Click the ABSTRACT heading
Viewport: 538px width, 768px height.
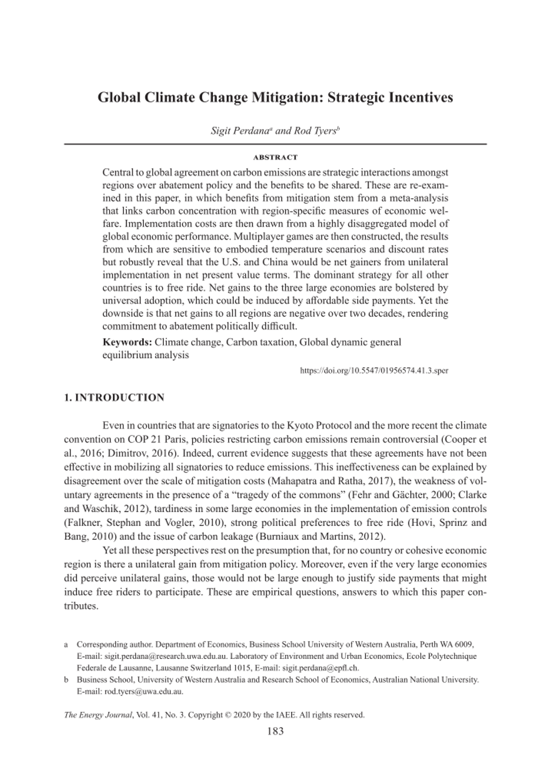pyautogui.click(x=275, y=157)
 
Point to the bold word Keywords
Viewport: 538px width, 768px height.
pyautogui.click(x=127, y=342)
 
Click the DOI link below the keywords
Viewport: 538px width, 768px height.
pyautogui.click(x=374, y=370)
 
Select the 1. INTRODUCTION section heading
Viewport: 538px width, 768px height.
pyautogui.click(x=114, y=398)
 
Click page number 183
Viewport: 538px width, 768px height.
pyautogui.click(x=275, y=731)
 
